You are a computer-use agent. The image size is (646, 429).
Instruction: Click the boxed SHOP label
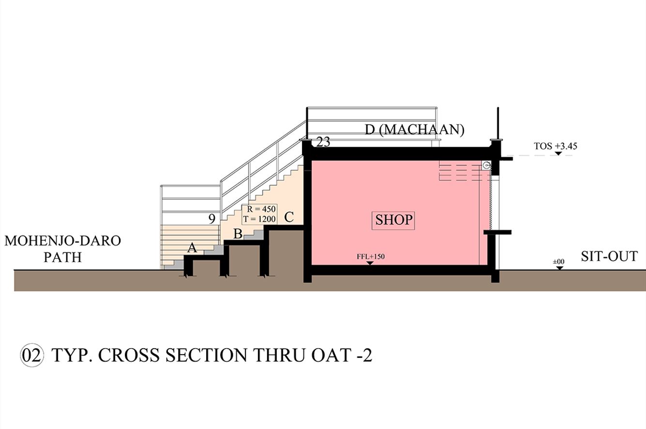[x=393, y=220]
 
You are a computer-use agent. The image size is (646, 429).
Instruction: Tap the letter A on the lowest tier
[x=192, y=248]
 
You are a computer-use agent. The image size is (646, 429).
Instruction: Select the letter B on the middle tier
[x=238, y=234]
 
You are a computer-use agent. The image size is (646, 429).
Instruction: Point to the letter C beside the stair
[x=289, y=217]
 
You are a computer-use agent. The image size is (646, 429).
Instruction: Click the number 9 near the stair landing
[x=212, y=219]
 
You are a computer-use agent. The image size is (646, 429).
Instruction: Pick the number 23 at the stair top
[x=323, y=142]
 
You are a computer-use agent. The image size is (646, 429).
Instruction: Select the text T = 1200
[x=259, y=219]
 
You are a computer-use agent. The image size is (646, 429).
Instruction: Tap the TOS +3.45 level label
[x=556, y=146]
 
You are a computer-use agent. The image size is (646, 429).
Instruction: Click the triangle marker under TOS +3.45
[x=558, y=153]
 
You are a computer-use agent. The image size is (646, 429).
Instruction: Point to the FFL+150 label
[x=371, y=256]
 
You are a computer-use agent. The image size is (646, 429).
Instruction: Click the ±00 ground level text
[x=558, y=262]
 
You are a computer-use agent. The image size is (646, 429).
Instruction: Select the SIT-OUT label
[x=609, y=257]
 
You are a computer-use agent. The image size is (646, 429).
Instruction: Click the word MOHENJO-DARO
[x=63, y=241]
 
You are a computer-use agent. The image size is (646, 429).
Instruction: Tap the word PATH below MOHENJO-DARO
[x=62, y=257]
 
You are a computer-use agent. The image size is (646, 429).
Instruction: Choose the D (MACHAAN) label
[x=415, y=130]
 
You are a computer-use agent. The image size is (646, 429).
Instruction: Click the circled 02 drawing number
[x=32, y=355]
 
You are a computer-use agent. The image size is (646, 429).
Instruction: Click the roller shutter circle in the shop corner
[x=486, y=165]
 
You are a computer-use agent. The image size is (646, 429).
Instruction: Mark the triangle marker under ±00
[x=560, y=268]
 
